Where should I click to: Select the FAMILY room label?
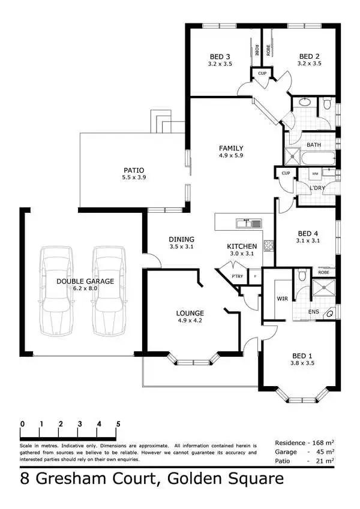click(x=230, y=148)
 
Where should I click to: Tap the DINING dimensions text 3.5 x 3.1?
click(x=182, y=246)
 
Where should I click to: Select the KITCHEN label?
click(x=242, y=246)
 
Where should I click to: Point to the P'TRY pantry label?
click(x=238, y=276)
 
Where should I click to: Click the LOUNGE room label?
click(x=190, y=313)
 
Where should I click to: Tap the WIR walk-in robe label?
click(x=283, y=297)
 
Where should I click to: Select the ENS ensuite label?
click(x=313, y=312)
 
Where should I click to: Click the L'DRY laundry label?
click(x=316, y=188)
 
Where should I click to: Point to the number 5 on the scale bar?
click(x=118, y=424)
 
